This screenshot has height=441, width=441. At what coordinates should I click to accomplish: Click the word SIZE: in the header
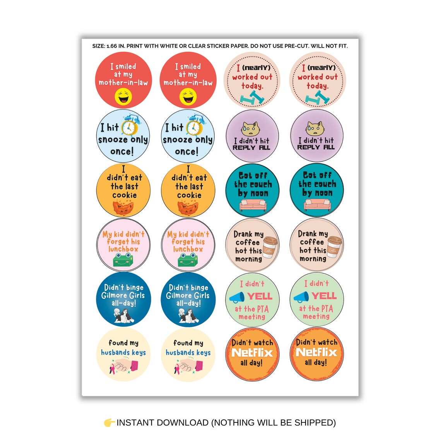coord(99,46)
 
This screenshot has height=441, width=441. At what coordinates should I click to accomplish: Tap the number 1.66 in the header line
coord(111,46)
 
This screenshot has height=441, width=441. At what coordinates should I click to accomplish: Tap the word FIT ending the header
coord(342,46)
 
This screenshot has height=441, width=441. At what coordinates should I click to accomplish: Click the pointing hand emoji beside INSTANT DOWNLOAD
coord(109,422)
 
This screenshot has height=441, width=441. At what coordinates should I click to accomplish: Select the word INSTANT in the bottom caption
coord(135,422)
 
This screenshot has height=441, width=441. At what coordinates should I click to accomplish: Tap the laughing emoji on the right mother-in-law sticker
coord(188,97)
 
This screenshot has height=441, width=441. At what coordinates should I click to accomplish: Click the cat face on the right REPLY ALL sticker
coord(315,128)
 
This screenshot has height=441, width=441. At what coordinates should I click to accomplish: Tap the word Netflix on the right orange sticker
coord(316,352)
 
